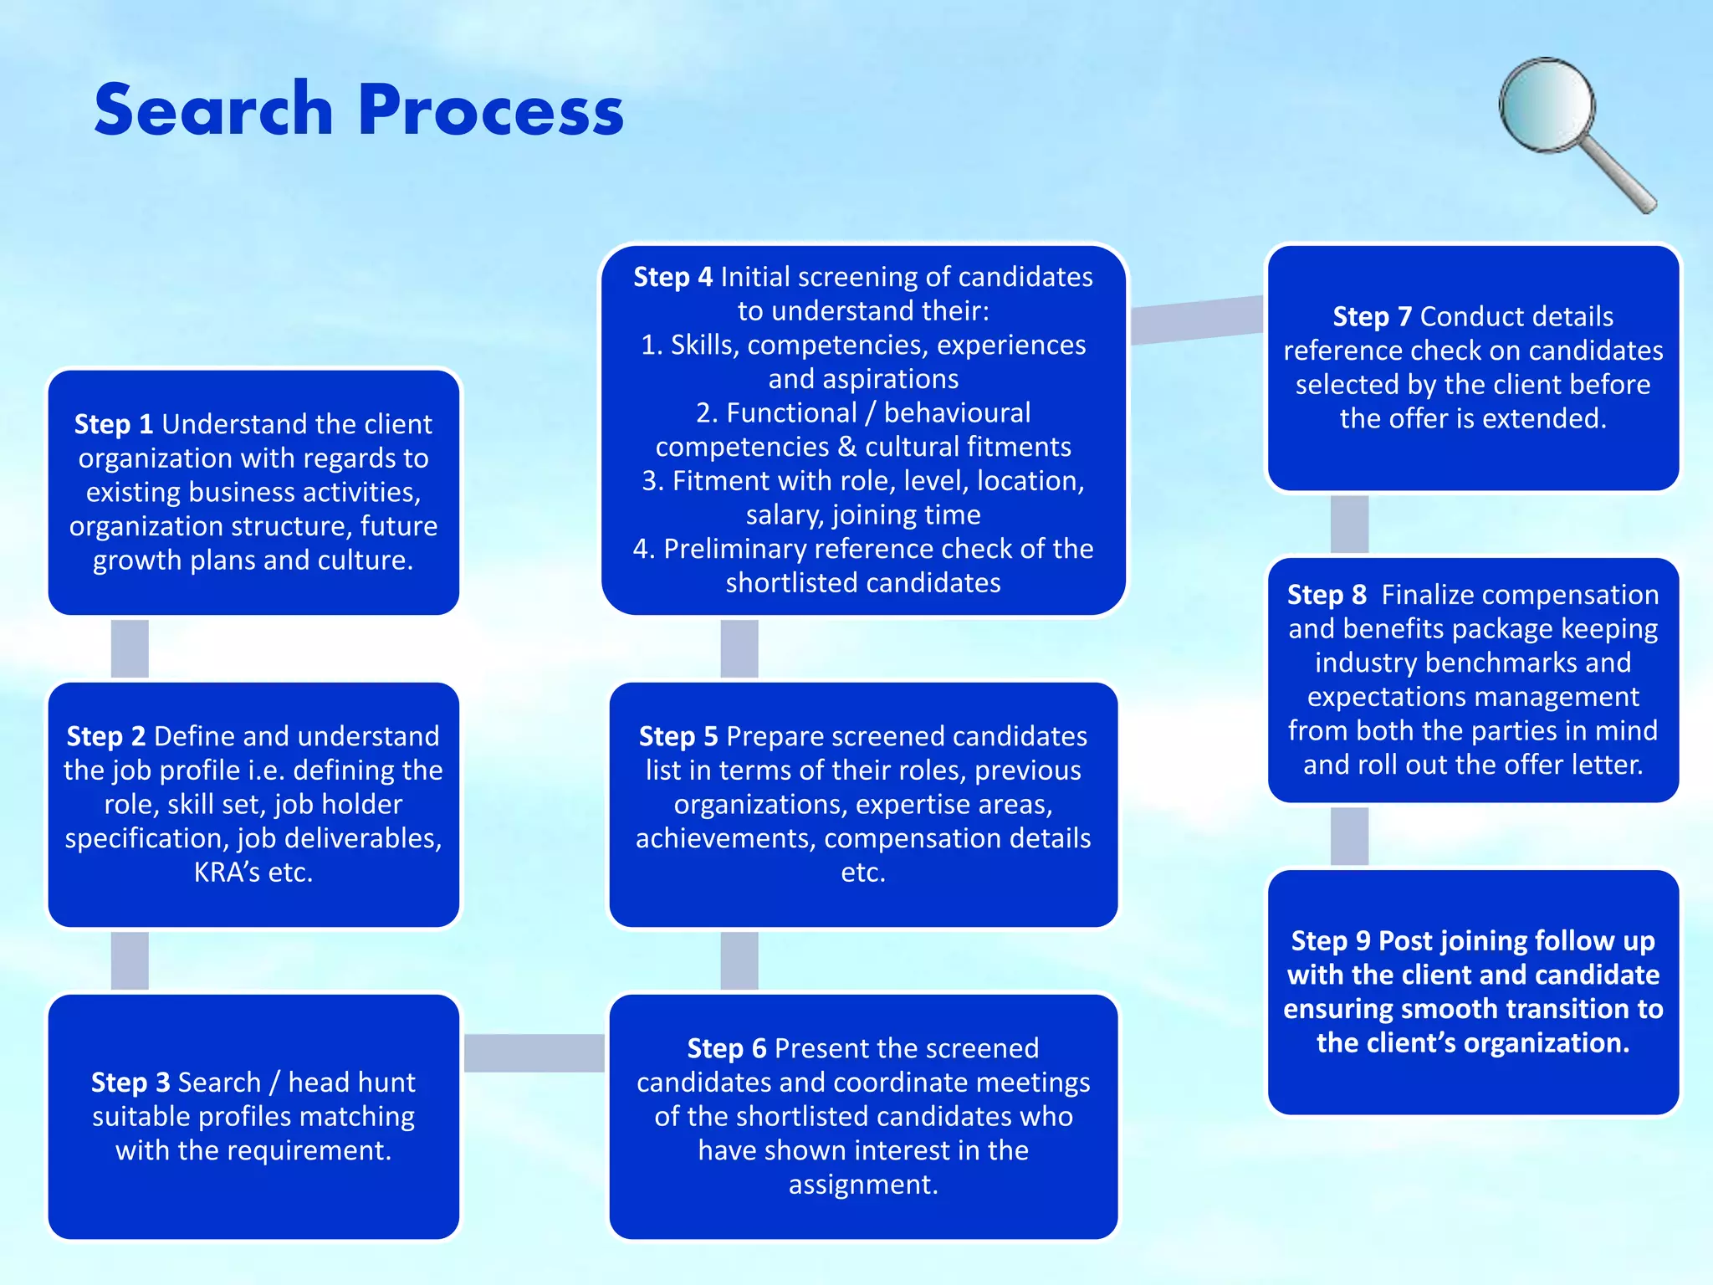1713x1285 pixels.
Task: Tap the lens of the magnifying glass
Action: [x=1547, y=105]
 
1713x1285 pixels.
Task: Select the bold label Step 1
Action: [x=113, y=424]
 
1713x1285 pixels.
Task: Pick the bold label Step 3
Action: [x=130, y=1083]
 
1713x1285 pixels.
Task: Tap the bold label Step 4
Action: [x=672, y=277]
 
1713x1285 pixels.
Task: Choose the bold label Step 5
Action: [x=678, y=736]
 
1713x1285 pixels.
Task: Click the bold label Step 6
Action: [x=726, y=1048]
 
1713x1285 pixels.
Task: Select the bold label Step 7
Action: [x=1372, y=317]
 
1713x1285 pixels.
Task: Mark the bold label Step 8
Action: [x=1327, y=595]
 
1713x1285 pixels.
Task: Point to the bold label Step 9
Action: [x=1331, y=941]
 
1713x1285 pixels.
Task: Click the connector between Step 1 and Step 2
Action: [x=130, y=648]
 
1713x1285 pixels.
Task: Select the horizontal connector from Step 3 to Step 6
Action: [x=534, y=1052]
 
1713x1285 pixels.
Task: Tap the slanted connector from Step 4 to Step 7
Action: [x=1196, y=320]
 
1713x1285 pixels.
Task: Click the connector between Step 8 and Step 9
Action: [x=1349, y=836]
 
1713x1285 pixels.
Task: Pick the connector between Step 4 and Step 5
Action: [x=739, y=648]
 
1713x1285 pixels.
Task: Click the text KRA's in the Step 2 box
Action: [x=227, y=873]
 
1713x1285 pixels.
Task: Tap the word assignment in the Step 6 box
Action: [x=862, y=1185]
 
